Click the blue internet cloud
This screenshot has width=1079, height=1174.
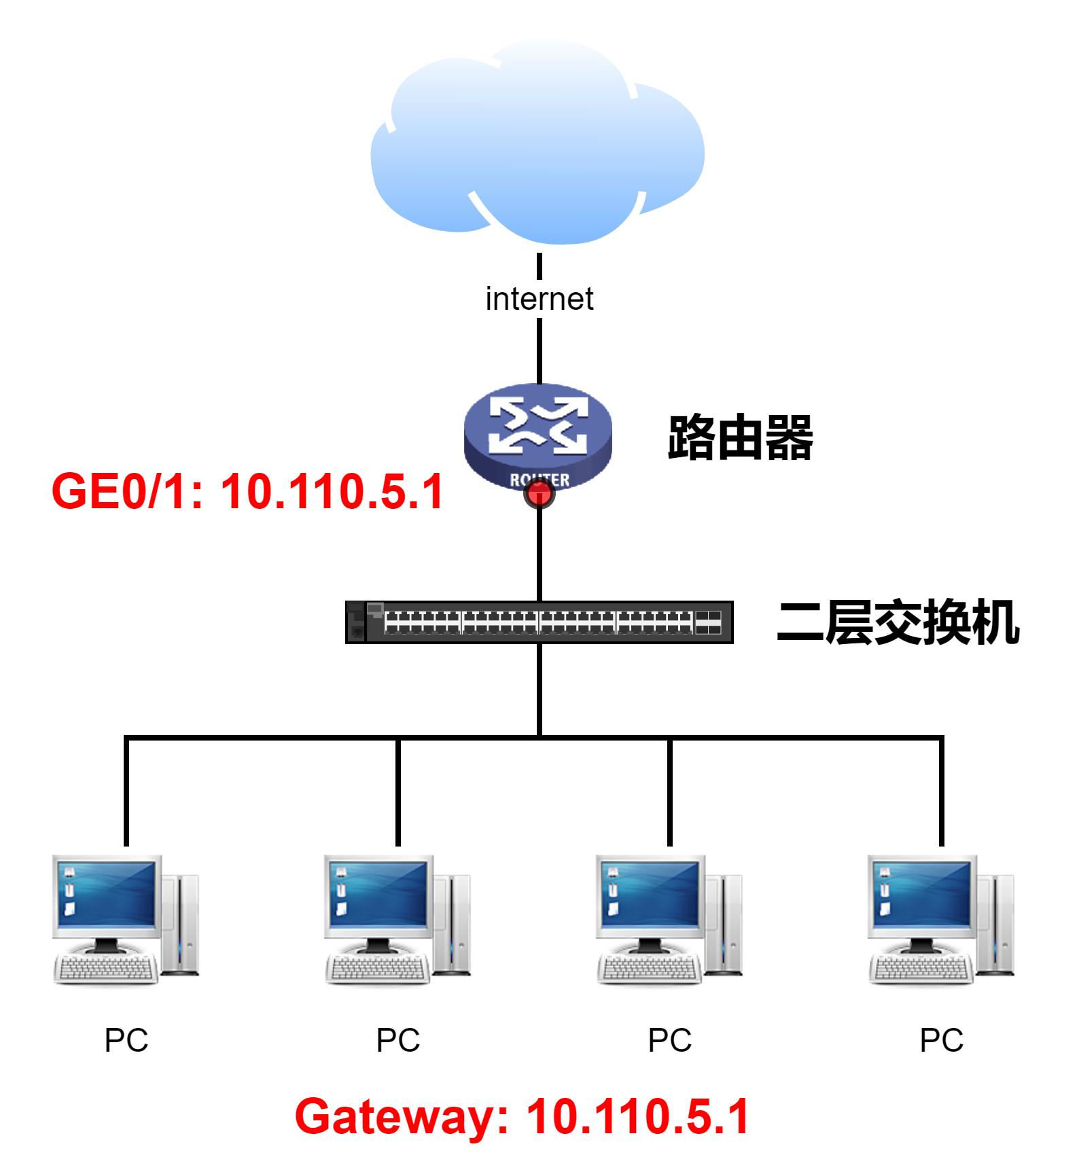click(x=537, y=149)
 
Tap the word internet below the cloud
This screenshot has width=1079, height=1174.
click(x=539, y=299)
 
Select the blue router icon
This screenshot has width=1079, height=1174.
click(x=537, y=435)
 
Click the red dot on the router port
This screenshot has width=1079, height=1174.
click(x=539, y=494)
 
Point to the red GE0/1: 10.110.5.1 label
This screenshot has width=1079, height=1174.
click(x=247, y=491)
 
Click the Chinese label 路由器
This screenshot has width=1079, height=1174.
click(x=740, y=438)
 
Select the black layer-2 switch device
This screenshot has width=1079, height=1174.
click(x=539, y=622)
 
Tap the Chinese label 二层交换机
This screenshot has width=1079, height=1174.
click(x=898, y=622)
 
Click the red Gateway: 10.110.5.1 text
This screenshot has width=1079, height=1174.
click(x=522, y=1116)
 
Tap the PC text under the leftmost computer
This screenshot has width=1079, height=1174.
click(x=126, y=1040)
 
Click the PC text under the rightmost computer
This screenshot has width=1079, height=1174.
click(x=941, y=1040)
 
